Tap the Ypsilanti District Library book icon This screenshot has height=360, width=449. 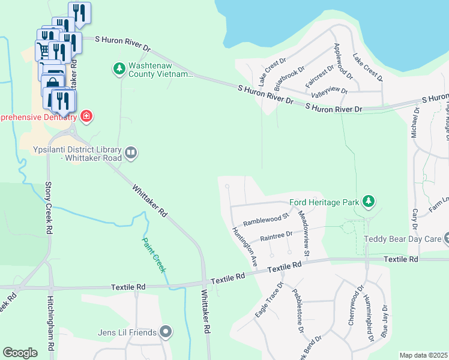pyautogui.click(x=131, y=153)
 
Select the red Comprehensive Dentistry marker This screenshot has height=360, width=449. pyautogui.click(x=86, y=115)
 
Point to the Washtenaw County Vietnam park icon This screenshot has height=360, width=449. pyautogui.click(x=119, y=69)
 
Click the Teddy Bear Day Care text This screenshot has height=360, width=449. pyautogui.click(x=401, y=239)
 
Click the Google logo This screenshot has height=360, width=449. pyautogui.click(x=20, y=353)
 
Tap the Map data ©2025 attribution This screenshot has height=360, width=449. pyautogui.click(x=424, y=355)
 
